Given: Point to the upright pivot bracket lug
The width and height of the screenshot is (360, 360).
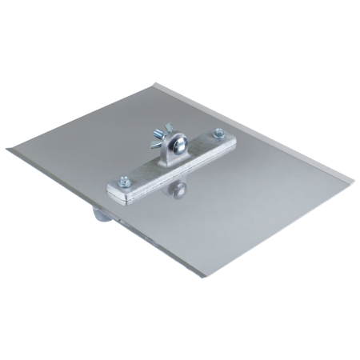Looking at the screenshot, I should [x=172, y=152].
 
